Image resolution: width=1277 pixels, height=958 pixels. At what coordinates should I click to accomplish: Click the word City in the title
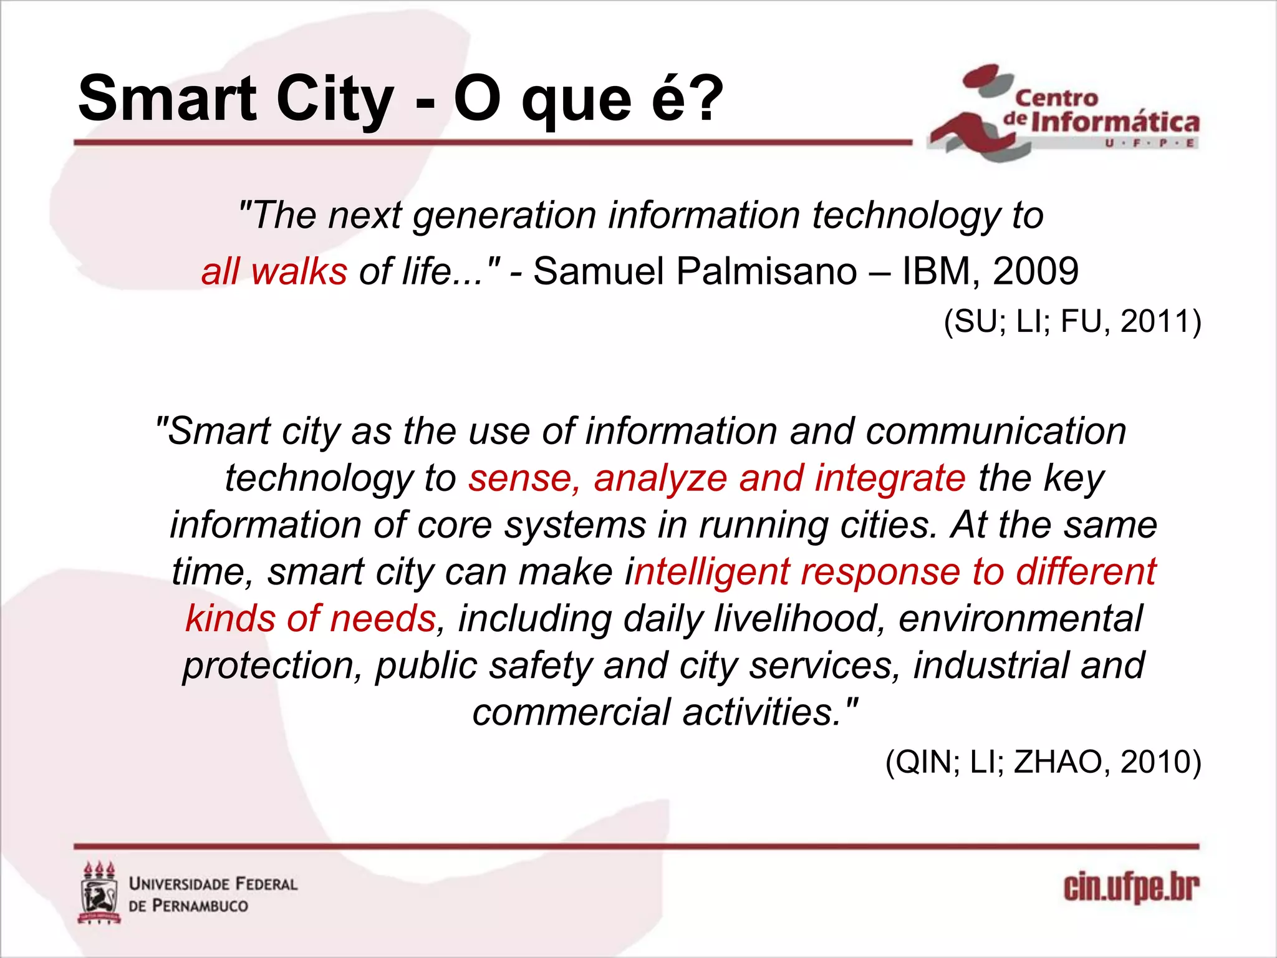click(x=335, y=100)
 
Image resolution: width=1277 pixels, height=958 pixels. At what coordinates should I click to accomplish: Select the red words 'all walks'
click(x=274, y=271)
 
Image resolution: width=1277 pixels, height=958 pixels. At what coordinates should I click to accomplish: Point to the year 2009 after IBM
click(x=1036, y=271)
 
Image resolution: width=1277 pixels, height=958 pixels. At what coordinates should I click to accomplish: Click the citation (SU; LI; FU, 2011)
click(x=1072, y=322)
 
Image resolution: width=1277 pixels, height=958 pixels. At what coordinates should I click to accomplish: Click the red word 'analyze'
click(x=661, y=478)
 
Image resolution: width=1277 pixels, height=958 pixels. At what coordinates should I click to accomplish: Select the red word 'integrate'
click(x=890, y=478)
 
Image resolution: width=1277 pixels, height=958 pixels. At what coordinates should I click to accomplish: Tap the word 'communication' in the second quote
click(x=996, y=431)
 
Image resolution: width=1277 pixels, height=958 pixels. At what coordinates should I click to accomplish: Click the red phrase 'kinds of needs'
click(x=311, y=619)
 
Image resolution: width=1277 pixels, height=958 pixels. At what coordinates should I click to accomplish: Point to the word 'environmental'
click(x=1021, y=619)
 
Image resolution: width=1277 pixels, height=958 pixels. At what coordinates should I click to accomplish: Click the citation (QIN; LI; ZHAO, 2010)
click(x=1043, y=762)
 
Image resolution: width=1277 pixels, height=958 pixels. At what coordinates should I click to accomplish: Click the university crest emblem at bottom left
click(x=100, y=893)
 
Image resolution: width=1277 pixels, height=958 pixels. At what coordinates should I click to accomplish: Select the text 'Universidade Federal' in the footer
click(x=213, y=884)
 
